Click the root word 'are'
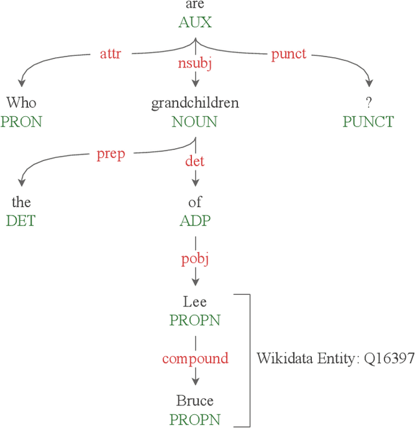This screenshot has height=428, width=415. [x=195, y=6]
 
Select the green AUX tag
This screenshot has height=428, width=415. [x=195, y=23]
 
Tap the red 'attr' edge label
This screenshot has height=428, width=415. [x=110, y=53]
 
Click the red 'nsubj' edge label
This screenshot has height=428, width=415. [x=195, y=64]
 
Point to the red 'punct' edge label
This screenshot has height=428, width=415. [x=288, y=54]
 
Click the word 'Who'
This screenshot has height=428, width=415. [x=21, y=103]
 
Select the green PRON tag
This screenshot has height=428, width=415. [x=21, y=122]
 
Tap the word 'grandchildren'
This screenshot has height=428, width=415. [x=195, y=103]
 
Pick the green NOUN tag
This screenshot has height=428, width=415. [x=195, y=122]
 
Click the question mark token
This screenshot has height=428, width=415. [x=369, y=103]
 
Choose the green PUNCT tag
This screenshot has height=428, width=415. [x=369, y=122]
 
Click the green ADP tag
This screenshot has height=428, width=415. [x=195, y=221]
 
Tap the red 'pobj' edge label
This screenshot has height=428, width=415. [x=195, y=260]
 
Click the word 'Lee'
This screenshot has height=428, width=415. [x=195, y=302]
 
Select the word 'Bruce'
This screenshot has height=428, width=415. [x=195, y=401]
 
